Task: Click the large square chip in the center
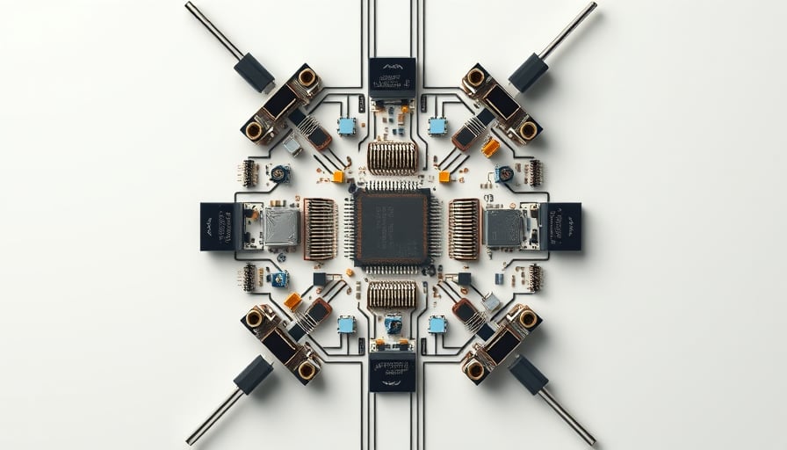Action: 392,227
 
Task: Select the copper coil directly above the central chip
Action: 392,157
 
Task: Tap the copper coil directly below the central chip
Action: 392,294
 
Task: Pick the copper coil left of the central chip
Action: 320,229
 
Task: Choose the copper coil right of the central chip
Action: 464,229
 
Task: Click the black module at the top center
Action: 392,77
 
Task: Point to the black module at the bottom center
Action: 392,373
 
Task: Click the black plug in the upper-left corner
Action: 254,72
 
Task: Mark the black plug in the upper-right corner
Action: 529,72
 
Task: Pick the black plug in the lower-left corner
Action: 253,375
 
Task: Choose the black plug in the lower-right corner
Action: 529,375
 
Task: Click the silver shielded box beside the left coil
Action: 281,227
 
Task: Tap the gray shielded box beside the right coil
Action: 502,227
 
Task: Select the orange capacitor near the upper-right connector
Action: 490,148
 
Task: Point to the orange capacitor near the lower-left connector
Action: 292,301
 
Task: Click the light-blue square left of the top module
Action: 347,127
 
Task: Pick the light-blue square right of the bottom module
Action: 437,324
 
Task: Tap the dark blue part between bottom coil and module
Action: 393,324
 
